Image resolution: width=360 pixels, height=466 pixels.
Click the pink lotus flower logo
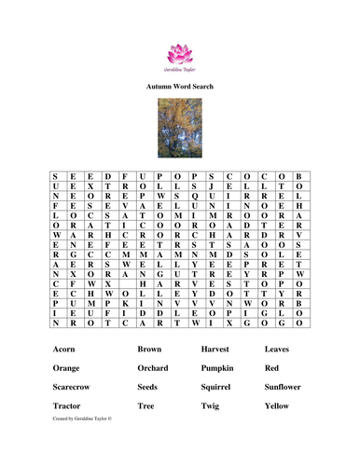pos(180,48)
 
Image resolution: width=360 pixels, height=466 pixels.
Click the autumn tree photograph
pos(180,129)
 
